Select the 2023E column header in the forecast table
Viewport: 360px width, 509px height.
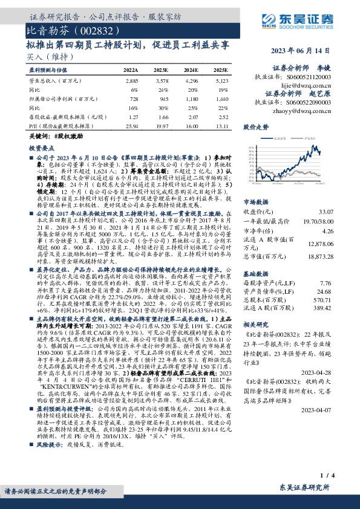(160, 71)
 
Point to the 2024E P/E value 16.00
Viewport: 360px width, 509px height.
(192, 126)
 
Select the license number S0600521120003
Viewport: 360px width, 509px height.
(306, 78)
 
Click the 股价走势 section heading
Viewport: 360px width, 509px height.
(256, 128)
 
